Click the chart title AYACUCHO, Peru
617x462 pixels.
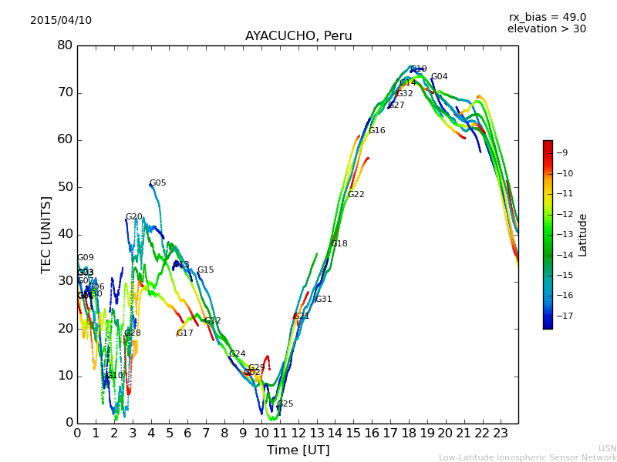(x=298, y=36)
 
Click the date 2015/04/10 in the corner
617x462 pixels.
(x=61, y=20)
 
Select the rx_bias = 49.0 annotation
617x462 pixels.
(x=547, y=17)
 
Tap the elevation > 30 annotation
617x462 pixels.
(x=546, y=29)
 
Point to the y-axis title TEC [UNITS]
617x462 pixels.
(x=47, y=234)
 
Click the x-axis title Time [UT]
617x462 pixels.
(x=298, y=450)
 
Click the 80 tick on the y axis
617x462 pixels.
(x=65, y=45)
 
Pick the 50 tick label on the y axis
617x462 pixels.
(x=65, y=187)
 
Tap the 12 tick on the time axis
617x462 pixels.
(x=298, y=433)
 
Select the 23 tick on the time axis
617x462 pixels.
(x=501, y=433)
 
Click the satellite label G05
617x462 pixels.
(x=158, y=183)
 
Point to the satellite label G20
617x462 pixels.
(x=134, y=217)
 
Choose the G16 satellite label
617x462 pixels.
(x=376, y=131)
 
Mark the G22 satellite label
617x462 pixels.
(x=356, y=195)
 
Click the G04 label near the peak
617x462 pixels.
(x=439, y=77)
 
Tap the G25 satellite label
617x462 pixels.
(x=285, y=404)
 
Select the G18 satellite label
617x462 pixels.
(x=339, y=244)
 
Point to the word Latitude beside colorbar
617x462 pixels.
(x=583, y=235)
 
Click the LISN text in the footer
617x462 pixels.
(x=607, y=448)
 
